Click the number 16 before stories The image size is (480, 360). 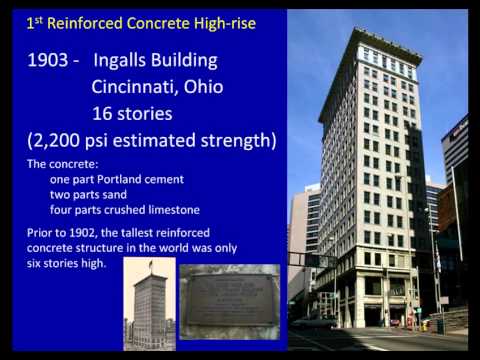102,113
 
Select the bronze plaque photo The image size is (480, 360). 229,300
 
